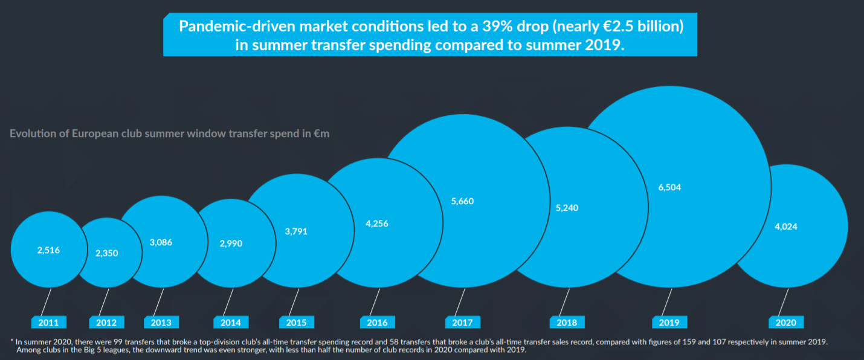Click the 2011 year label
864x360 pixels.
point(49,322)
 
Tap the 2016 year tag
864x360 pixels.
point(377,322)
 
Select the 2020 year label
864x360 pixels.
point(786,322)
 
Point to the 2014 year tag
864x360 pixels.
point(231,322)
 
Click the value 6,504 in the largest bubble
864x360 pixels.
point(669,187)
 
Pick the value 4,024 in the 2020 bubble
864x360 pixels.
point(786,227)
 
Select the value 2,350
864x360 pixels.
point(107,253)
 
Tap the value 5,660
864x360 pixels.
point(463,201)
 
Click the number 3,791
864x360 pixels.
point(296,231)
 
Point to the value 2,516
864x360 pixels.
point(48,249)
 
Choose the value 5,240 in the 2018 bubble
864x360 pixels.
point(567,208)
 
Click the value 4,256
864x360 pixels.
point(377,223)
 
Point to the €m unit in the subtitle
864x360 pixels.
point(321,133)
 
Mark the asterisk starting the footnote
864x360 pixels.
point(12,341)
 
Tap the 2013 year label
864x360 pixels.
point(161,322)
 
